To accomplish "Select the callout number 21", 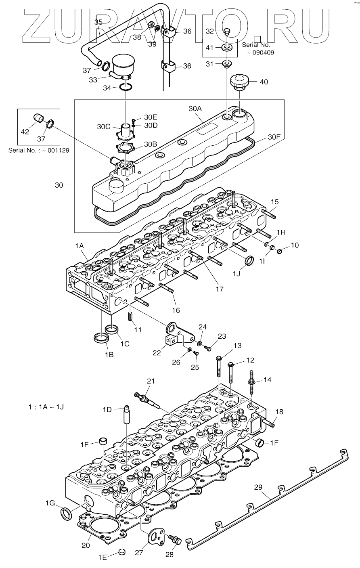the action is pos(151,381).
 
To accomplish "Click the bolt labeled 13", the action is pos(219,367).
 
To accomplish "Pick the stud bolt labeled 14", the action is pos(251,382).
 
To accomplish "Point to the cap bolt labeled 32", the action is pos(227,32).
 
